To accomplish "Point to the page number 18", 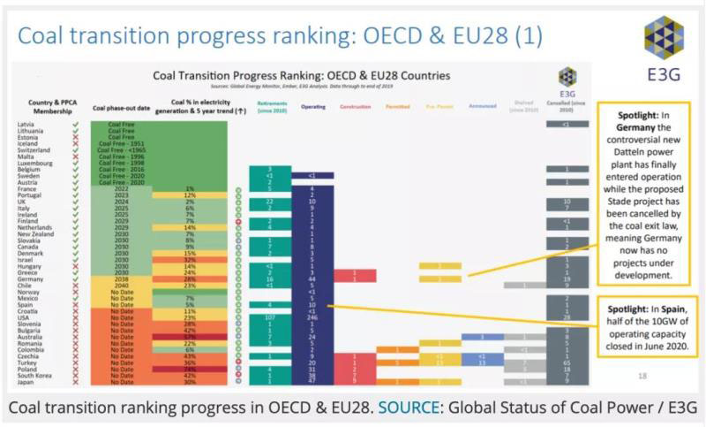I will coord(642,376).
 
